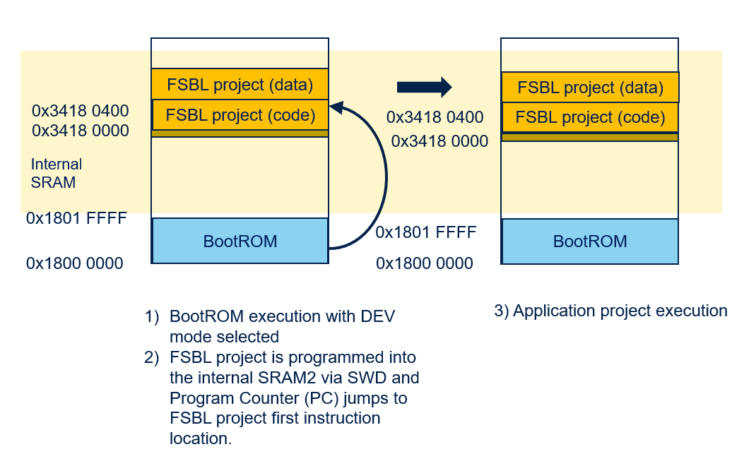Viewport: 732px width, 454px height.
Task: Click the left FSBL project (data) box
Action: tap(240, 84)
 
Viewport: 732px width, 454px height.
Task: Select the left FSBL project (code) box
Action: tap(240, 114)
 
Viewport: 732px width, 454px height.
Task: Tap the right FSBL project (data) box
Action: tap(590, 88)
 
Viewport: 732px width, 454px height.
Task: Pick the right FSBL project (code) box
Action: tap(590, 117)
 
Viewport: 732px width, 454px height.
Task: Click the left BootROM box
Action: tap(240, 241)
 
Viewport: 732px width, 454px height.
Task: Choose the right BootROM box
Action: tap(590, 241)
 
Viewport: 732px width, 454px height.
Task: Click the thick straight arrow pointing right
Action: tap(423, 87)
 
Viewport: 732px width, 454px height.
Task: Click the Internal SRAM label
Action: tap(56, 173)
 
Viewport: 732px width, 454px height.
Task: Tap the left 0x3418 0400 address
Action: tap(80, 111)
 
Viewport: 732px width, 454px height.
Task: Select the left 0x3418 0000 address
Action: tap(80, 131)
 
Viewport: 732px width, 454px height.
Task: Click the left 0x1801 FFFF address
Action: tap(76, 218)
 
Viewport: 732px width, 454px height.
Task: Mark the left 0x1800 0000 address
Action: tap(75, 263)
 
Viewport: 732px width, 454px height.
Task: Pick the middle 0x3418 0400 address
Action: tap(435, 117)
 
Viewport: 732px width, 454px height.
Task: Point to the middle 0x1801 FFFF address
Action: tap(426, 232)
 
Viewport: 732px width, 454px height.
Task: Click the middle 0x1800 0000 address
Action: tap(425, 263)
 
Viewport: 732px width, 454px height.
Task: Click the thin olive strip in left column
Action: tap(240, 133)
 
